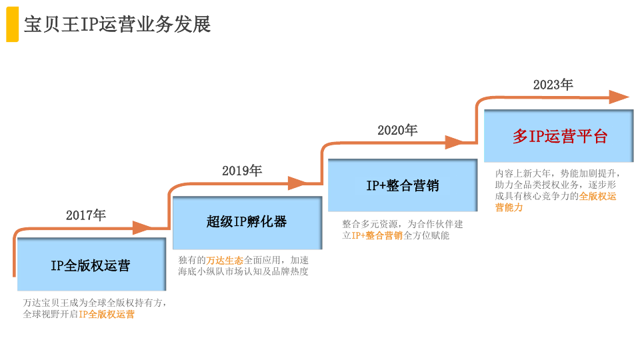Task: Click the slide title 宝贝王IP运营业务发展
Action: point(117,24)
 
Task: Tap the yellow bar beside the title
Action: point(12,25)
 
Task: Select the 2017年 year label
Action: point(86,215)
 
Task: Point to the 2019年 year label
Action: point(242,170)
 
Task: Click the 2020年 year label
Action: point(397,130)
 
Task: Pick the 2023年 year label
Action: point(553,85)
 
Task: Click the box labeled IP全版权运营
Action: point(91,264)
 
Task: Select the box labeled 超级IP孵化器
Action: point(247,223)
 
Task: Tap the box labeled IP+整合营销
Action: point(403,185)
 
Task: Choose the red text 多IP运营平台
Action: point(560,136)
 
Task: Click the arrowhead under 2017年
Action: point(143,228)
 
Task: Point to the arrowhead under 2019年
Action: point(298,183)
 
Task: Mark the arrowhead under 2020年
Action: point(454,143)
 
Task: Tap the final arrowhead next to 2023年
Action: point(619,97)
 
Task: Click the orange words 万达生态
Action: point(225,261)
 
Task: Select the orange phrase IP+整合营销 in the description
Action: point(377,235)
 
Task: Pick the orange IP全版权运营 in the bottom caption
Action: point(107,314)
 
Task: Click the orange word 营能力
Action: point(509,207)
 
